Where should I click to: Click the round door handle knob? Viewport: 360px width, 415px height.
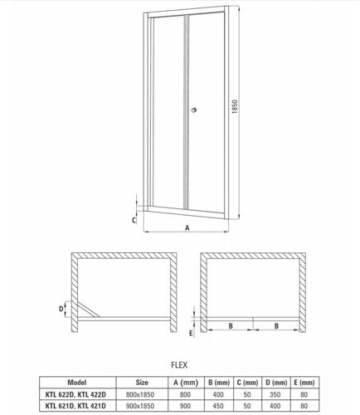coord(194,110)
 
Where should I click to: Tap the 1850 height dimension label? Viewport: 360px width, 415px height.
coord(235,106)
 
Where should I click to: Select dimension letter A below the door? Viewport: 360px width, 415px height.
coord(187,228)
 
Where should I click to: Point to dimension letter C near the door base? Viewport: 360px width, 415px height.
coord(134,220)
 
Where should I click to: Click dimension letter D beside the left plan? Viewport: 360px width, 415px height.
coord(61,309)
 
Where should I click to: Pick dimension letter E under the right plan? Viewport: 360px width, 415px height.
coord(191,334)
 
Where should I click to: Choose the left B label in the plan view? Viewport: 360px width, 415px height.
coord(231,326)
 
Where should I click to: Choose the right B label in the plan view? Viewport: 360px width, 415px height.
coord(276,326)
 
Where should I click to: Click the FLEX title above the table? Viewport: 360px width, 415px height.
coord(179,365)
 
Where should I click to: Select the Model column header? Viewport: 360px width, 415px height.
coord(77,383)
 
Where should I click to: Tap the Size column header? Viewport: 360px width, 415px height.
coord(142,383)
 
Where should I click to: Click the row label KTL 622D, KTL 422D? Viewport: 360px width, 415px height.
coord(75,394)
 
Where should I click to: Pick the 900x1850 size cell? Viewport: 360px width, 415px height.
coord(140,406)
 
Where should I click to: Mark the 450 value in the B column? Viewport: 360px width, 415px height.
coord(218,406)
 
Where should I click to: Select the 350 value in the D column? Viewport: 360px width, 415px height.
coord(275,394)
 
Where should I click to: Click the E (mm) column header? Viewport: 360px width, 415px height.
coord(304,383)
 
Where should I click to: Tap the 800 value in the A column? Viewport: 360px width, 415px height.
coord(185,394)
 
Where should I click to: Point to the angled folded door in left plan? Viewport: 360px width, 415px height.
coord(89,309)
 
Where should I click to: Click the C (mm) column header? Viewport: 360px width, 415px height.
coord(247,383)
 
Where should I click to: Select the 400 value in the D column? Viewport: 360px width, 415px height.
coord(275,406)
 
